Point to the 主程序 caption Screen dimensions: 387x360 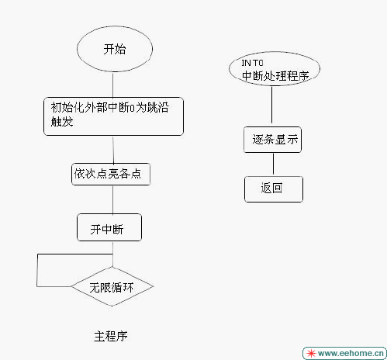point(111,336)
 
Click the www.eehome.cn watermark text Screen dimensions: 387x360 point(351,353)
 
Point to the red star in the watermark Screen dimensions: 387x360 point(311,353)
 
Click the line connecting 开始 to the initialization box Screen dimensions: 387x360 point(113,85)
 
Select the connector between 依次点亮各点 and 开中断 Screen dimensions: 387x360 point(112,199)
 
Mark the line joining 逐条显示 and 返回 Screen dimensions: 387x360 point(273,164)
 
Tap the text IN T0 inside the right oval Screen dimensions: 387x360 point(252,63)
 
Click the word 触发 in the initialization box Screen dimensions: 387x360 point(62,122)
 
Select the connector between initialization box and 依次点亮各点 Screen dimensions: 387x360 point(113,149)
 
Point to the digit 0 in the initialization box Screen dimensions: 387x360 point(132,108)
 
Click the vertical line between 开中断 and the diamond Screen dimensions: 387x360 point(112,254)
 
